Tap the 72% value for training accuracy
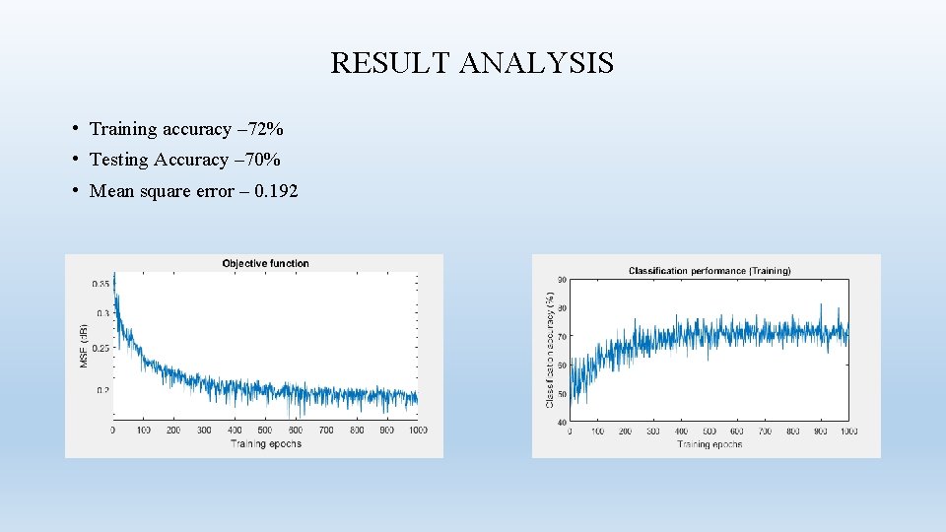tap(264, 129)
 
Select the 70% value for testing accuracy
tap(261, 160)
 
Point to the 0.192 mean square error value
tap(276, 191)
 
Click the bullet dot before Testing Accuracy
tap(76, 160)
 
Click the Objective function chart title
tap(265, 263)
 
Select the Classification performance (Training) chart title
tap(709, 270)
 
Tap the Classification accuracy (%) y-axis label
tap(549, 350)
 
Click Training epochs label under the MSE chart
tap(266, 443)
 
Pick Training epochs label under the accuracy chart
tap(709, 444)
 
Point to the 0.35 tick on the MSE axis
tap(101, 284)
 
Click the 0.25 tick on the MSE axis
tap(101, 347)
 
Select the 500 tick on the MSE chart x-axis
tap(265, 431)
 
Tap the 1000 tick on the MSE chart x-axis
tap(417, 431)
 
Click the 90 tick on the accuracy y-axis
tap(561, 280)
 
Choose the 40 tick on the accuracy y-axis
tap(561, 422)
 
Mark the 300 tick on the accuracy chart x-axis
tap(653, 432)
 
